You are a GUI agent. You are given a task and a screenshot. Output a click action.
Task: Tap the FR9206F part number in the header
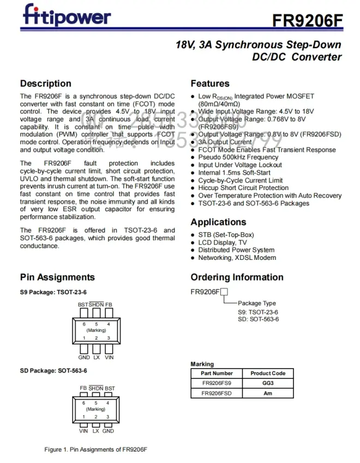[x=308, y=21]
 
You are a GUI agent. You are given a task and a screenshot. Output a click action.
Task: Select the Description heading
[x=45, y=84]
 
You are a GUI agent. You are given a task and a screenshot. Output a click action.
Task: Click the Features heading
[x=210, y=84]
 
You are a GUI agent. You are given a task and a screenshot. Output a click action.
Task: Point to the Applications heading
[x=218, y=222]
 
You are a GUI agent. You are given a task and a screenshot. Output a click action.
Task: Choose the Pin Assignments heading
[x=57, y=277]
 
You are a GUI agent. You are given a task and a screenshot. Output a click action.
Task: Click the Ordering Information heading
[x=237, y=277]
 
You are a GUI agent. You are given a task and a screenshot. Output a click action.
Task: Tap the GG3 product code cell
[x=268, y=383]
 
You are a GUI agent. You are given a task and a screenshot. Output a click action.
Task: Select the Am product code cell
[x=268, y=393]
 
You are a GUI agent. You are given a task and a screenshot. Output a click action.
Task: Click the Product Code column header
[x=268, y=373]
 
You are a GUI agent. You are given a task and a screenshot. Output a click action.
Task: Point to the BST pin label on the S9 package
[x=83, y=305]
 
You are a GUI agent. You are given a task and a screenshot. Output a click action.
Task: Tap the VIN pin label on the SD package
[x=83, y=431]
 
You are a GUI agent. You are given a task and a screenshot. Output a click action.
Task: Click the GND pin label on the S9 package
[x=84, y=357]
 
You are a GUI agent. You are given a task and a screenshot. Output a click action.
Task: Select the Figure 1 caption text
[x=96, y=450]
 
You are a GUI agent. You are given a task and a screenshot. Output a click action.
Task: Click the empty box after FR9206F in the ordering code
[x=224, y=292]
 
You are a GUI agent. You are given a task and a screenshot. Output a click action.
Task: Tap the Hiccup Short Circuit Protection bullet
[x=243, y=188]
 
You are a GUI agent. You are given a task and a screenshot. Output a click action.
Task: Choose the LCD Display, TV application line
[x=222, y=242]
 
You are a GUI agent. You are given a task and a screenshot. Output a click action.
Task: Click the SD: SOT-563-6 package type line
[x=258, y=319]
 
